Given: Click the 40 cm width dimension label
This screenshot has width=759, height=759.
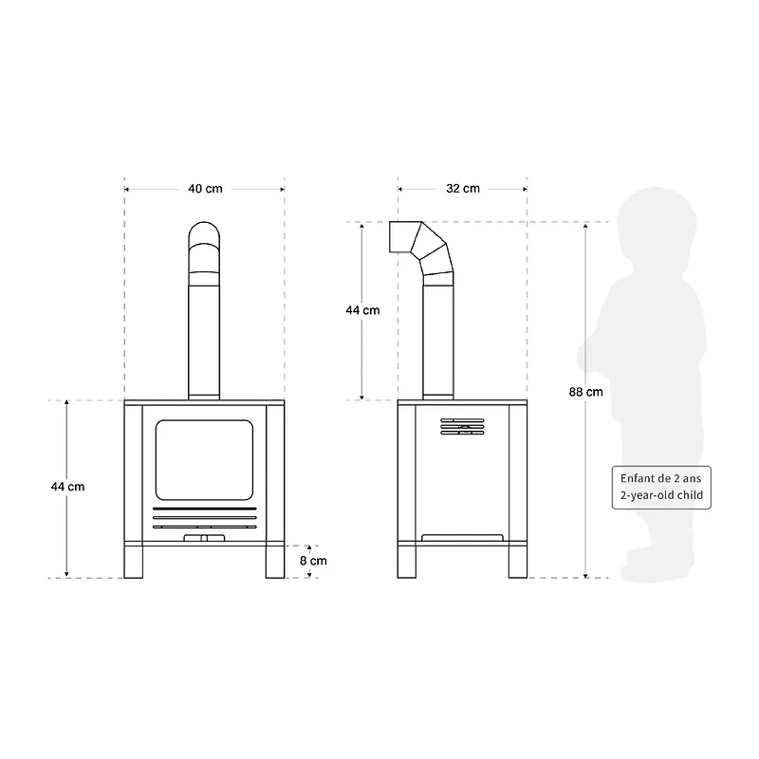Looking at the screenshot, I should point(205,189).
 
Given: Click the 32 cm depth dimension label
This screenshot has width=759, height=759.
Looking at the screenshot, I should point(463,189).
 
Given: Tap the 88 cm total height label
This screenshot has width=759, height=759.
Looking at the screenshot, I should point(585,391).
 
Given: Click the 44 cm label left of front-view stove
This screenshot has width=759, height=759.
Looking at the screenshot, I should point(67,486).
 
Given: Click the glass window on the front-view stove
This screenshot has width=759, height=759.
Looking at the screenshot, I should point(205,461).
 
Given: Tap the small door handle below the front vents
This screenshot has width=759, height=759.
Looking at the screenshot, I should point(205,538).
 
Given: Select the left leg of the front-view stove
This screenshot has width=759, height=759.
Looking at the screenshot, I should point(133,562).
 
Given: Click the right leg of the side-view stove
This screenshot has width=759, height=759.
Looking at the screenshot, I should point(517,562).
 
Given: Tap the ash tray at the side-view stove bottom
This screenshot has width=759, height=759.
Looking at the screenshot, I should point(463,538).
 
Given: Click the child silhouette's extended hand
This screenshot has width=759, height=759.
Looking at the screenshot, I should point(586,355).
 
